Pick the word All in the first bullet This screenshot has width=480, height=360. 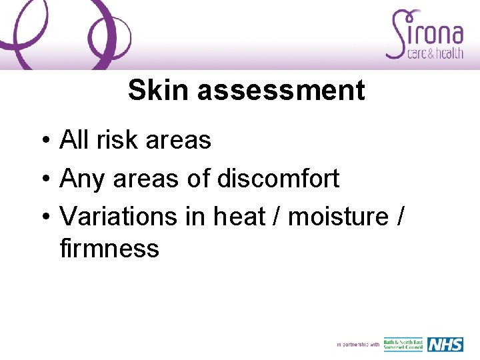(75, 140)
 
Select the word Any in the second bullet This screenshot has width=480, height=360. (83, 179)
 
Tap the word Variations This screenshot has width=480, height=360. (117, 217)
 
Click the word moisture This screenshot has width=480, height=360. (337, 217)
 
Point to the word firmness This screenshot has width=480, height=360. (109, 249)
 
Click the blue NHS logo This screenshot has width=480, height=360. (445, 345)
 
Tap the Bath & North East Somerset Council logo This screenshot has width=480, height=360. (403, 345)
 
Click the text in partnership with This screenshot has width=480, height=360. (358, 345)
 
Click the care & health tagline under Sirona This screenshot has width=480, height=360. (435, 54)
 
